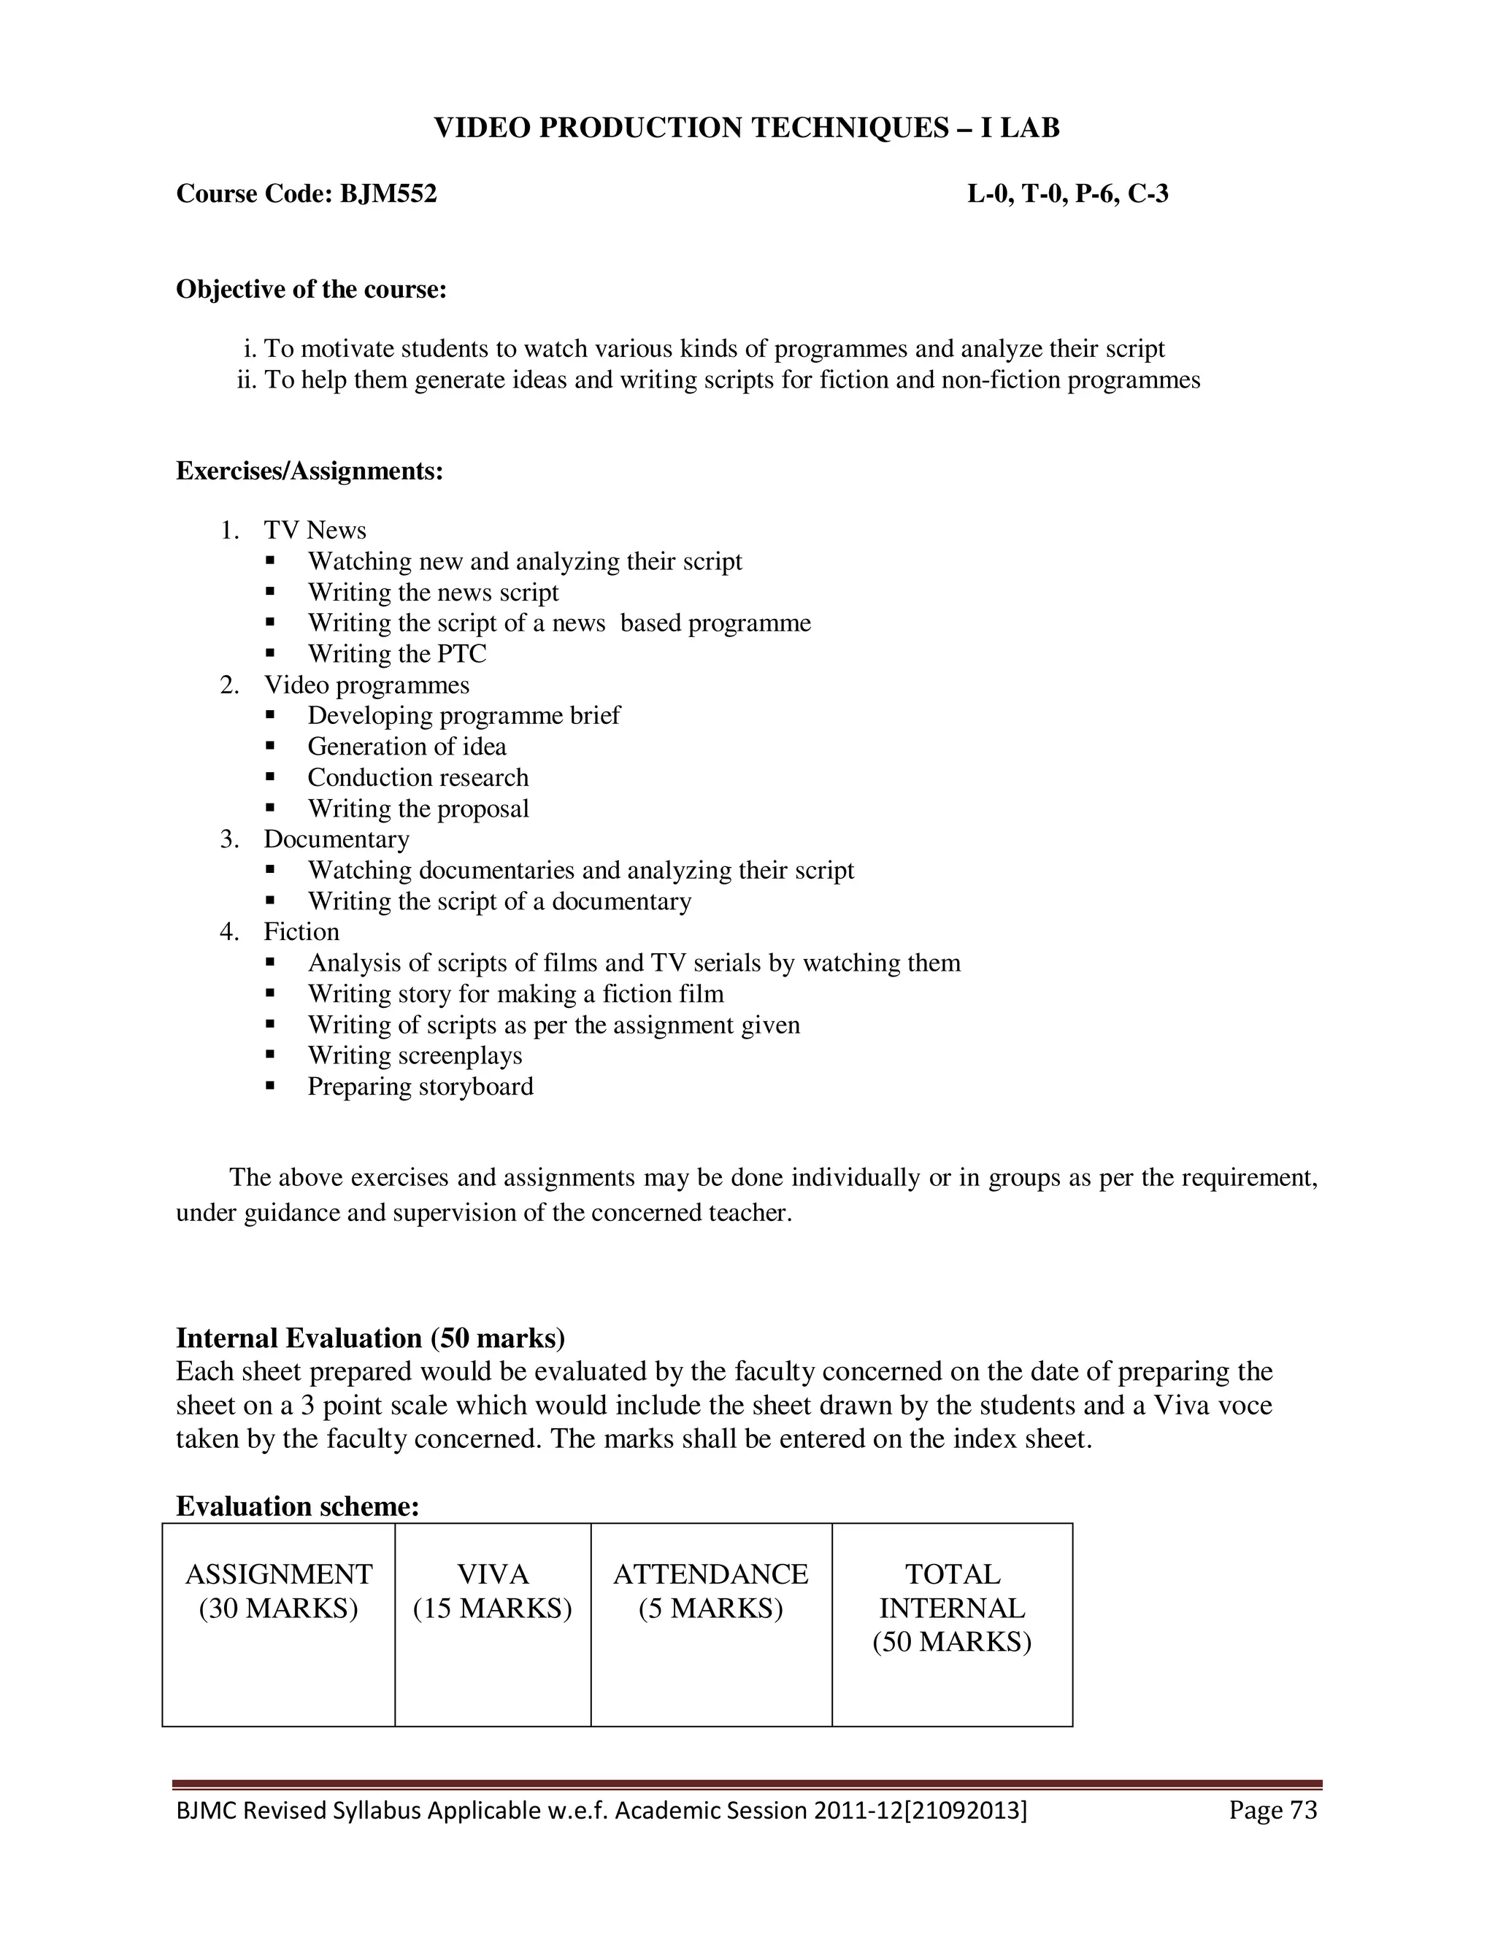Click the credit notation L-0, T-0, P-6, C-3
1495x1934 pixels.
[x=1067, y=193]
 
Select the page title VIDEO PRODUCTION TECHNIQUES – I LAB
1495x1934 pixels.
[x=747, y=128]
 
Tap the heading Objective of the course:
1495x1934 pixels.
[x=311, y=290]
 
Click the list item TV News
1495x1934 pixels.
[x=315, y=531]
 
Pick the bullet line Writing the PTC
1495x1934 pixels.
[x=397, y=655]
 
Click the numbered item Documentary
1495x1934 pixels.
[x=336, y=839]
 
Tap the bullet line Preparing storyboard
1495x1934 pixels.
[x=420, y=1087]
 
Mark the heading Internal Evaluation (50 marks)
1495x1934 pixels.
[x=370, y=1338]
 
